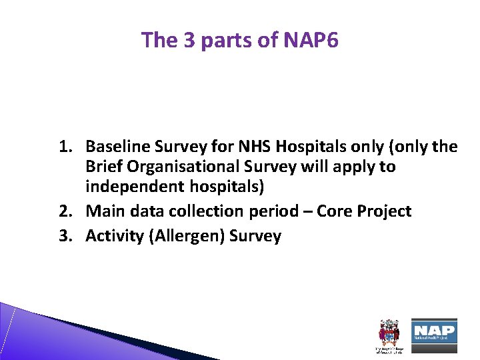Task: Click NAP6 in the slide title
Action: (x=311, y=41)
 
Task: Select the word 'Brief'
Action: (x=103, y=167)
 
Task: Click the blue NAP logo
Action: (x=433, y=331)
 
